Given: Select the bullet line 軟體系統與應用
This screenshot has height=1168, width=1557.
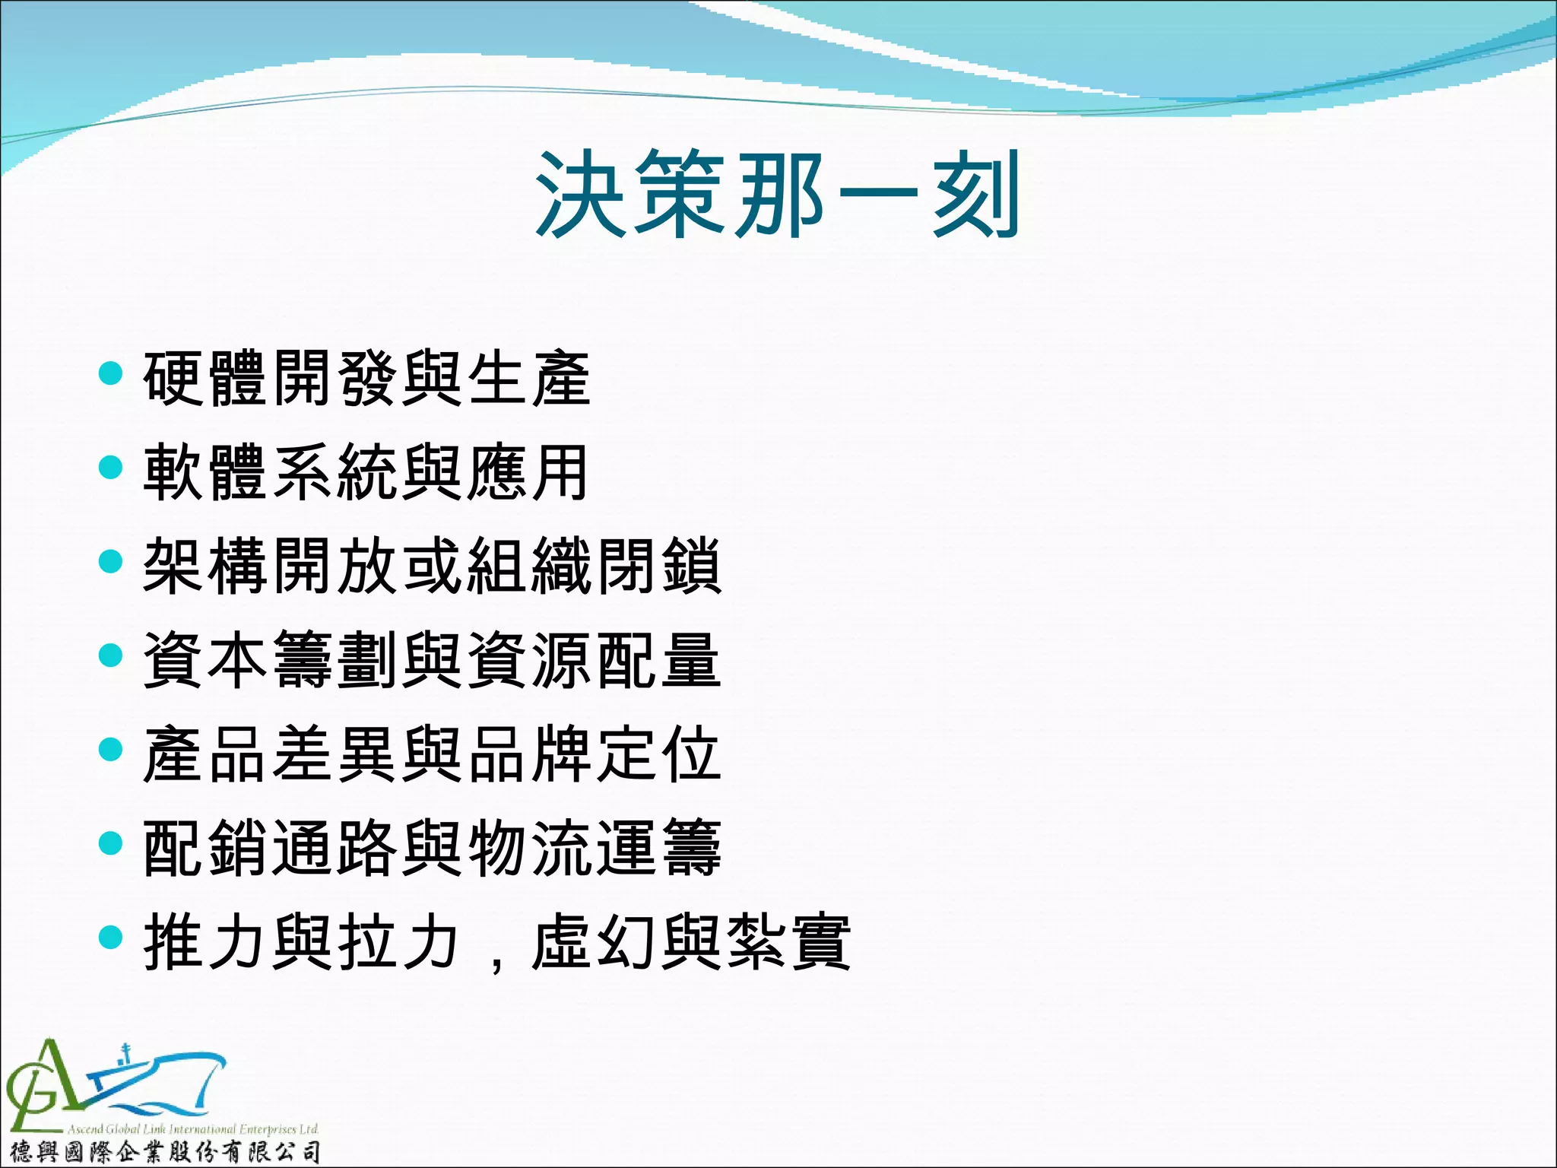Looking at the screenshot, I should point(366,472).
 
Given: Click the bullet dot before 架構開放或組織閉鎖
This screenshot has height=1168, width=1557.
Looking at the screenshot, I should point(111,561).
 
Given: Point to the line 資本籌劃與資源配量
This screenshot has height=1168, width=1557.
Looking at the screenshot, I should point(431,660).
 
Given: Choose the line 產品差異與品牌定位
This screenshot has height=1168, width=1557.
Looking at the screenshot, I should point(431,754).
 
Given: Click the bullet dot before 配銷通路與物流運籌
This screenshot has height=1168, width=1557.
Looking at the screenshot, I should point(111,843).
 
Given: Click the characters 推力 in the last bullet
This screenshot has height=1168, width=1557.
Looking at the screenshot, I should point(205,942).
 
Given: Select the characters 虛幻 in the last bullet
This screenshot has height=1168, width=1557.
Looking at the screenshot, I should point(594,942).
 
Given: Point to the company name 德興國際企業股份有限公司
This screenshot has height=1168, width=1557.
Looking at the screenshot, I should point(164,1152).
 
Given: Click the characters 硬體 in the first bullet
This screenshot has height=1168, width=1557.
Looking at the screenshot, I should point(205,378).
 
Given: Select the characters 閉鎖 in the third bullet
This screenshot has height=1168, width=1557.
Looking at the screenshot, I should point(658,566).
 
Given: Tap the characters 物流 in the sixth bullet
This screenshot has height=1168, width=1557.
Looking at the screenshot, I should point(529,848).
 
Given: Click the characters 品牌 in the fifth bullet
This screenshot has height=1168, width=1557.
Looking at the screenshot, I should point(529,754).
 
